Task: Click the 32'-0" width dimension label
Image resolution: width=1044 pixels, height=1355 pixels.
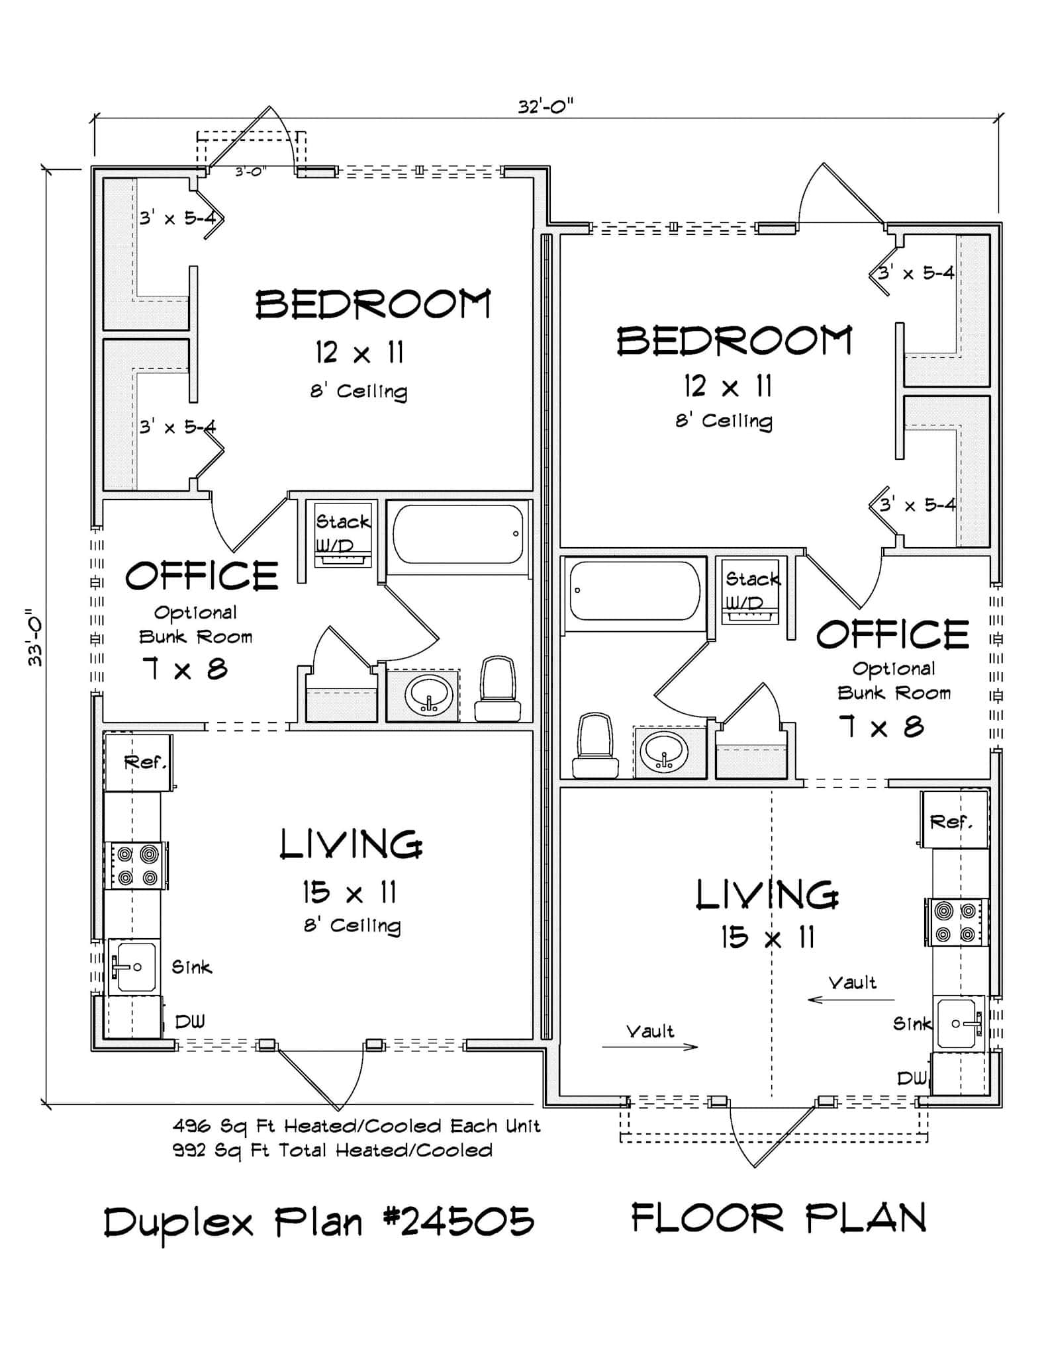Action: click(545, 107)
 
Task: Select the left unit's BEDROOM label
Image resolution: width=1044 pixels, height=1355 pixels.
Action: click(373, 305)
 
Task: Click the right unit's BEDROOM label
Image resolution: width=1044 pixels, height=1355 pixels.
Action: click(734, 341)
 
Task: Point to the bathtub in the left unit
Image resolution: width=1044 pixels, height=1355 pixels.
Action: click(457, 535)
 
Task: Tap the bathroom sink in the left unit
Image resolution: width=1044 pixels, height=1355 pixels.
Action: click(429, 695)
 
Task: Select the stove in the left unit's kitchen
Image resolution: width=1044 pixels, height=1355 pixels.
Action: click(136, 865)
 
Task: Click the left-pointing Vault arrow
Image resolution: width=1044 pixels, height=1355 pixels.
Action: click(851, 999)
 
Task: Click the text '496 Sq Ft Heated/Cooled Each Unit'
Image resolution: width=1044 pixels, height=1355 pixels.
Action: click(356, 1126)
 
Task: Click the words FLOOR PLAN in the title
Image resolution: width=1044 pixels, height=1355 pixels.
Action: click(778, 1219)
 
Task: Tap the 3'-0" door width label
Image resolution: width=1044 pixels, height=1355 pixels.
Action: click(251, 172)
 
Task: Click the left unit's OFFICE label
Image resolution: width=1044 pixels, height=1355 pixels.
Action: click(202, 576)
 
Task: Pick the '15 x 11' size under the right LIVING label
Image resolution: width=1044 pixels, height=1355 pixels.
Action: click(767, 938)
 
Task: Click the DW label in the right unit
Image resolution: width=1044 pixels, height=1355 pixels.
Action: click(912, 1079)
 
